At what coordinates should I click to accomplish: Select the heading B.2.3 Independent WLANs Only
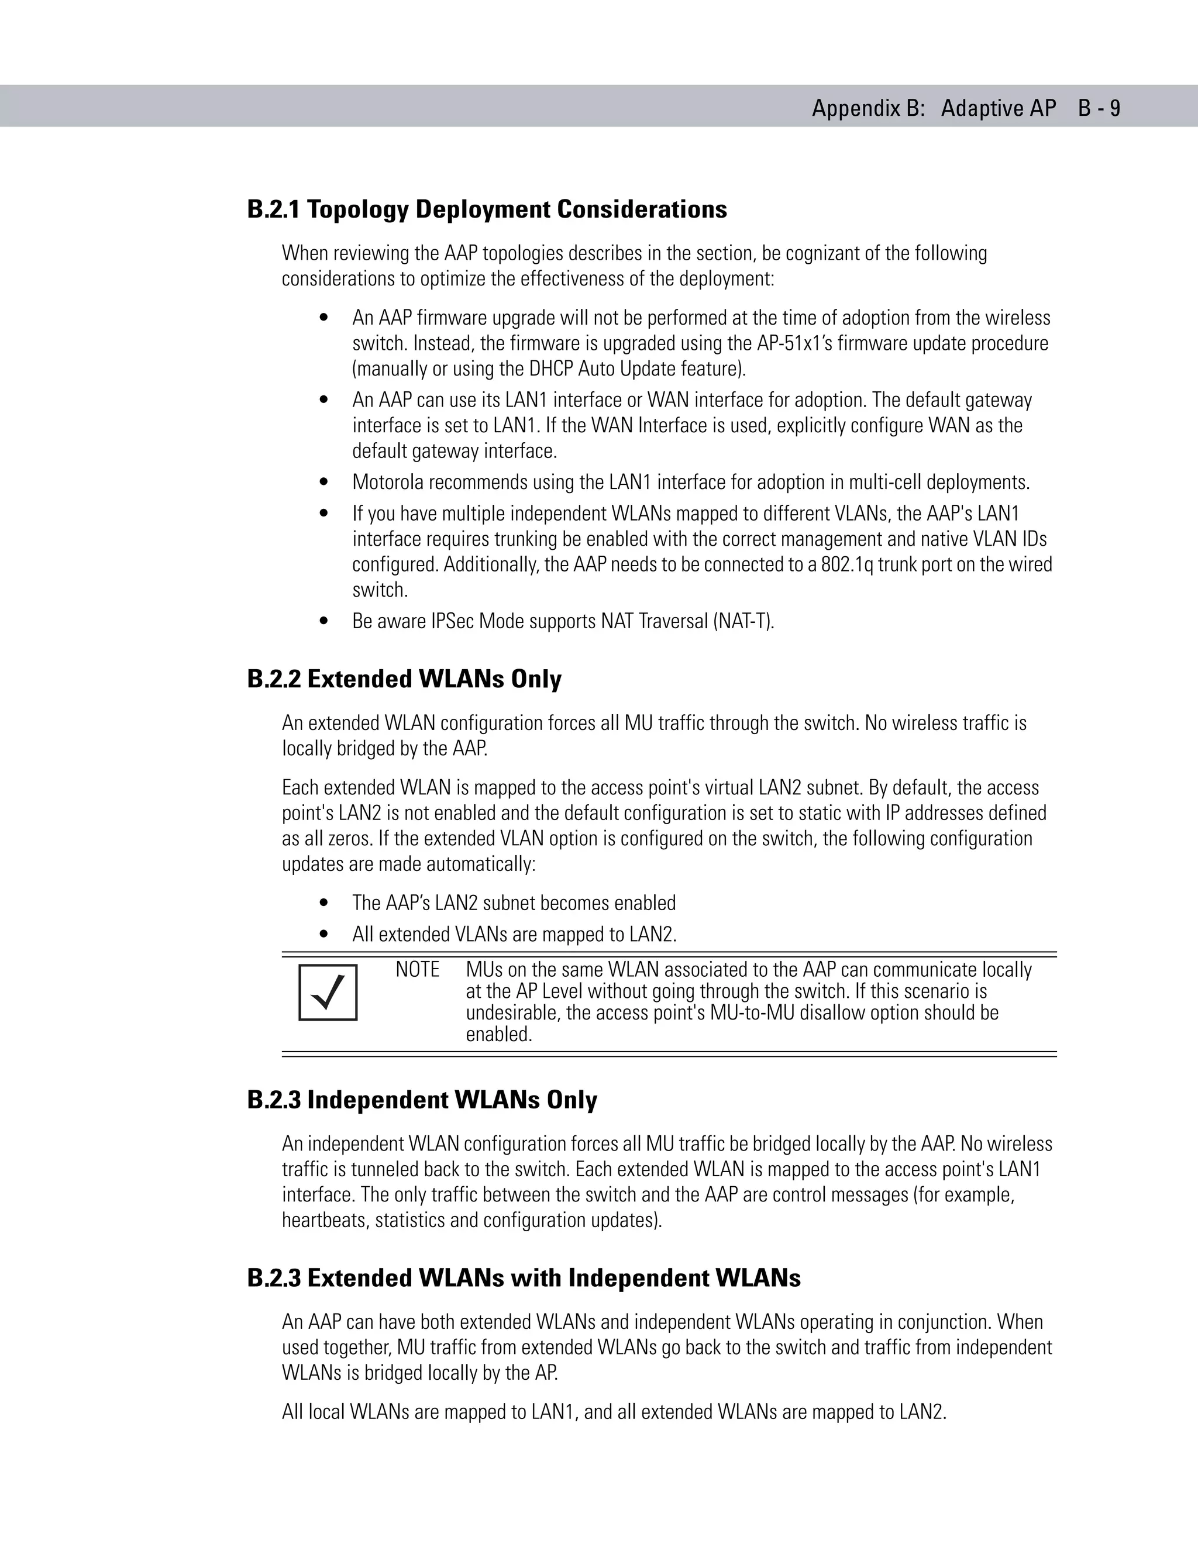pyautogui.click(x=422, y=1100)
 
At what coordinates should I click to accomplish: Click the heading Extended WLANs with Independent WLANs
pyautogui.click(x=553, y=1278)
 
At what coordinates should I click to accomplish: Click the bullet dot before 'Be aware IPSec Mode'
pyautogui.click(x=324, y=622)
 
